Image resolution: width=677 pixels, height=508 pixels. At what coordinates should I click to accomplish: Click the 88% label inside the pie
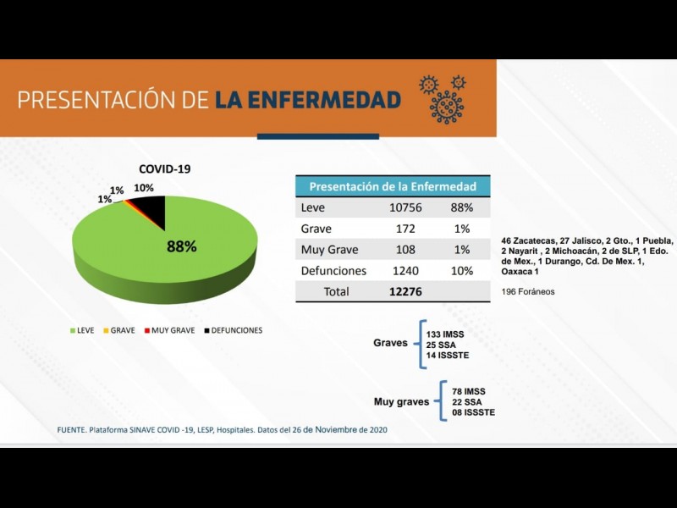[181, 247]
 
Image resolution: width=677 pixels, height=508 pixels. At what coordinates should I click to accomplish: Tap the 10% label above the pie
[144, 188]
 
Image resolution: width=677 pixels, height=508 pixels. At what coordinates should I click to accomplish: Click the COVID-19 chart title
[165, 168]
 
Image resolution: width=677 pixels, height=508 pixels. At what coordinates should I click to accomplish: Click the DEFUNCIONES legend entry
[234, 330]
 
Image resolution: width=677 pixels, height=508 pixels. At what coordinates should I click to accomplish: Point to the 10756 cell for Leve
[401, 207]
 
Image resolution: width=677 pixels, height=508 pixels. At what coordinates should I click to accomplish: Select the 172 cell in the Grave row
[401, 229]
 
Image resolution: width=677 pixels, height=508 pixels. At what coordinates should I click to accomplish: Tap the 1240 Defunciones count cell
[401, 271]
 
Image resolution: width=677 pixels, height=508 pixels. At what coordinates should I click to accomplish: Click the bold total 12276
[401, 291]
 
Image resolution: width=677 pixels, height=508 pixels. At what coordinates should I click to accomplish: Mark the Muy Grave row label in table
[330, 250]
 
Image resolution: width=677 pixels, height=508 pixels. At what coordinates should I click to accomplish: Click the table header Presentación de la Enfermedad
[393, 186]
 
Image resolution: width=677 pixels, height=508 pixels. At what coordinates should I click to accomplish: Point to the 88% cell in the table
[461, 207]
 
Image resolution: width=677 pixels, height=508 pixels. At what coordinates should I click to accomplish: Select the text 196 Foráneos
[527, 292]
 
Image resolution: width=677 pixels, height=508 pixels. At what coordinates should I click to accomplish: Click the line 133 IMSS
[446, 334]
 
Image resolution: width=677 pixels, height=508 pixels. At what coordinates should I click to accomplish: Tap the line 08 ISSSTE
[474, 412]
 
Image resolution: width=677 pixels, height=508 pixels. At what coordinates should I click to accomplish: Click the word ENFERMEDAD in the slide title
[307, 100]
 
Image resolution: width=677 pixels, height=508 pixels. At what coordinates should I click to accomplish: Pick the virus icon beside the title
[443, 97]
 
